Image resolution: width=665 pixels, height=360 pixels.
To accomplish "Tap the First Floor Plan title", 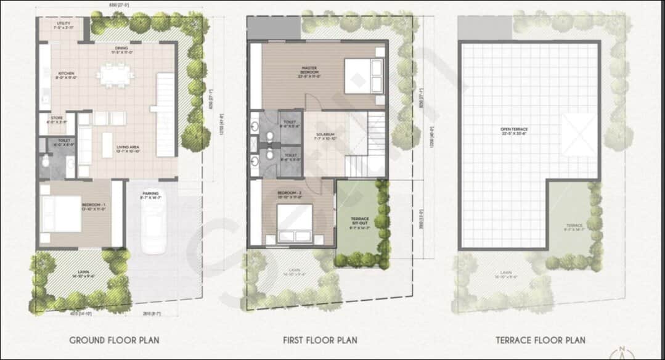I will coord(320,340).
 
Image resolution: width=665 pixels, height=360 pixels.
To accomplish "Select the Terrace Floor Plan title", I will coord(541,340).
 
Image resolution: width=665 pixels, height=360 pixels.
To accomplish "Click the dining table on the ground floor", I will coord(116,77).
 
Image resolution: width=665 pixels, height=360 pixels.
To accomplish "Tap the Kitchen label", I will coord(66,75).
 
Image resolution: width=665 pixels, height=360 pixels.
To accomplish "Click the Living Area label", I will coord(129,149).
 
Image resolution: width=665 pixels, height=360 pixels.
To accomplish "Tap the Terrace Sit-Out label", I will coord(360,223).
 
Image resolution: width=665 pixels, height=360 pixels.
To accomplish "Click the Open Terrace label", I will coord(515,131).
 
